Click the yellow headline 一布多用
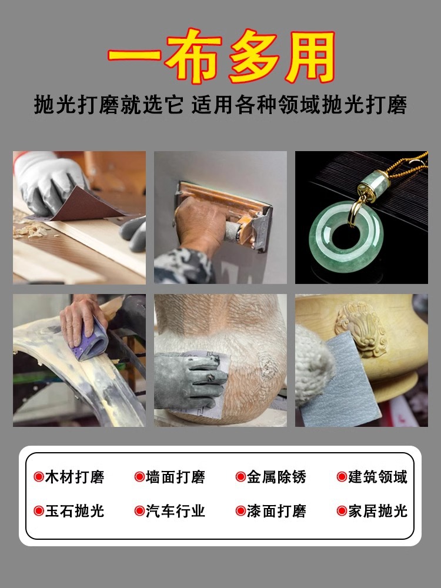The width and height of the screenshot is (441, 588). point(221,55)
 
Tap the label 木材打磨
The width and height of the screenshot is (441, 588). point(75,477)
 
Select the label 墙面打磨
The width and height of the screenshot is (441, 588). point(175,477)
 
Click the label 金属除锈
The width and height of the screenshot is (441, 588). point(276,477)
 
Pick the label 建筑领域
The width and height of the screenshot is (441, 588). point(377,477)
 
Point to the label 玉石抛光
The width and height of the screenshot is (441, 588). point(75,511)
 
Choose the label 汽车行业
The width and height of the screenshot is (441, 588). point(175,511)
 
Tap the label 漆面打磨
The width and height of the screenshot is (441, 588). point(276,511)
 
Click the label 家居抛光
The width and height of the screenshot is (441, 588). point(377,511)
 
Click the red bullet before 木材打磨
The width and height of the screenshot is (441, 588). point(39,477)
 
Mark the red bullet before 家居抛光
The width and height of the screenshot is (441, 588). point(342,511)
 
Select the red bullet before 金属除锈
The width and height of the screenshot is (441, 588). point(240,477)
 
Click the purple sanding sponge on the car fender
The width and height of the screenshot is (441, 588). point(92,339)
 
